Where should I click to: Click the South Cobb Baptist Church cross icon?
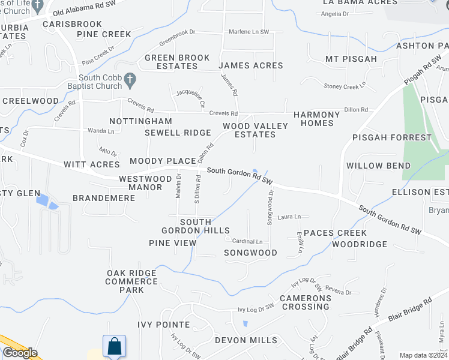pos(130,79)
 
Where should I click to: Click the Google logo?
pos(20,353)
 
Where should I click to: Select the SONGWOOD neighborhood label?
pos(250,253)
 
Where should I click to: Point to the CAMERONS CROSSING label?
pos(306,302)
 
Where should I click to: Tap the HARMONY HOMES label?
pos(316,119)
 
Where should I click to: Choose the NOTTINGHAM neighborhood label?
pos(137,121)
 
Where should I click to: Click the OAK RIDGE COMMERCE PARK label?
pos(131,281)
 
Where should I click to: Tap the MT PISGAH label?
pos(351,59)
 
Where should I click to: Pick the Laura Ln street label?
pos(289,217)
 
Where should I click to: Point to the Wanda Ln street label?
pos(101,130)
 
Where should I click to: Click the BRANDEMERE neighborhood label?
pos(98,197)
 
